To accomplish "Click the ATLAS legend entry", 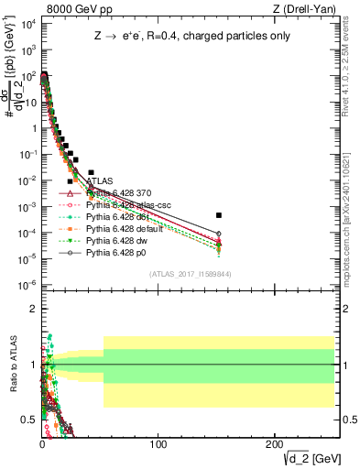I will pos(100,181).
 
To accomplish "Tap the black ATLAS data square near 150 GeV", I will pos(219,215).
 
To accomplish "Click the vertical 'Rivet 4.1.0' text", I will pos(352,73).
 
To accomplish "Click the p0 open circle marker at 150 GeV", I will pos(219,234).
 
